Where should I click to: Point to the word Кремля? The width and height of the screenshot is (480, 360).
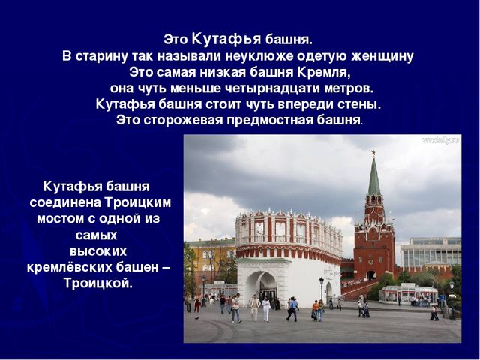click(x=323, y=73)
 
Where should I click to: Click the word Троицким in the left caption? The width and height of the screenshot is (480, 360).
click(x=138, y=202)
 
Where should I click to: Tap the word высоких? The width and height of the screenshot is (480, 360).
click(x=98, y=251)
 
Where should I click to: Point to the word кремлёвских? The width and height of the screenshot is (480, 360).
click(x=70, y=267)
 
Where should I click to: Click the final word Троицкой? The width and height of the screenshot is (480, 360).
click(x=98, y=283)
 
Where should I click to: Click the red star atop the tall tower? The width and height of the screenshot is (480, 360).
click(x=373, y=153)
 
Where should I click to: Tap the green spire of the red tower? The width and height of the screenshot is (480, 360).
click(x=373, y=177)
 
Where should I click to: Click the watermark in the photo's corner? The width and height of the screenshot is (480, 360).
click(x=441, y=140)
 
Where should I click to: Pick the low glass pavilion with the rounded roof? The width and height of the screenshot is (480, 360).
click(x=409, y=294)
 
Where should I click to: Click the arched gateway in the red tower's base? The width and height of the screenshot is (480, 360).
click(x=371, y=275)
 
